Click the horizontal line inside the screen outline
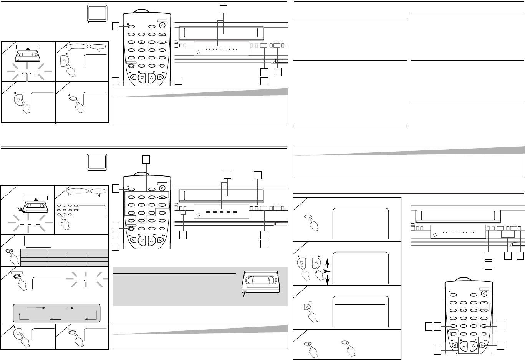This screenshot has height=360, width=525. tap(360, 304)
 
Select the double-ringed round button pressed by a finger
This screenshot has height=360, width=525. tap(15, 278)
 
